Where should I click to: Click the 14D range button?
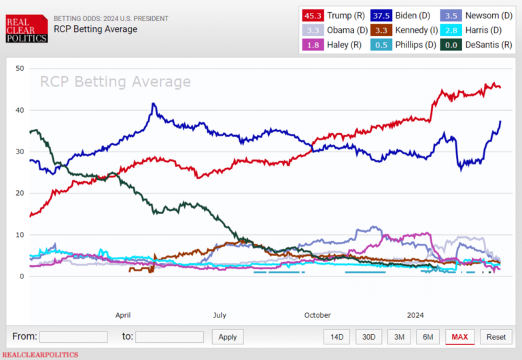(337, 337)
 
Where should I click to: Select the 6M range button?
(427, 337)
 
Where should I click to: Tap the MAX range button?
(460, 337)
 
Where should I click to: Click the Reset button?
(496, 337)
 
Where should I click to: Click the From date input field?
(73, 337)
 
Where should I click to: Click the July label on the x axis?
(220, 315)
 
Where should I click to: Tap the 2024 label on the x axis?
(415, 315)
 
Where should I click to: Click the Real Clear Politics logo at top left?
(27, 28)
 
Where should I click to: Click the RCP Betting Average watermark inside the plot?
(115, 82)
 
